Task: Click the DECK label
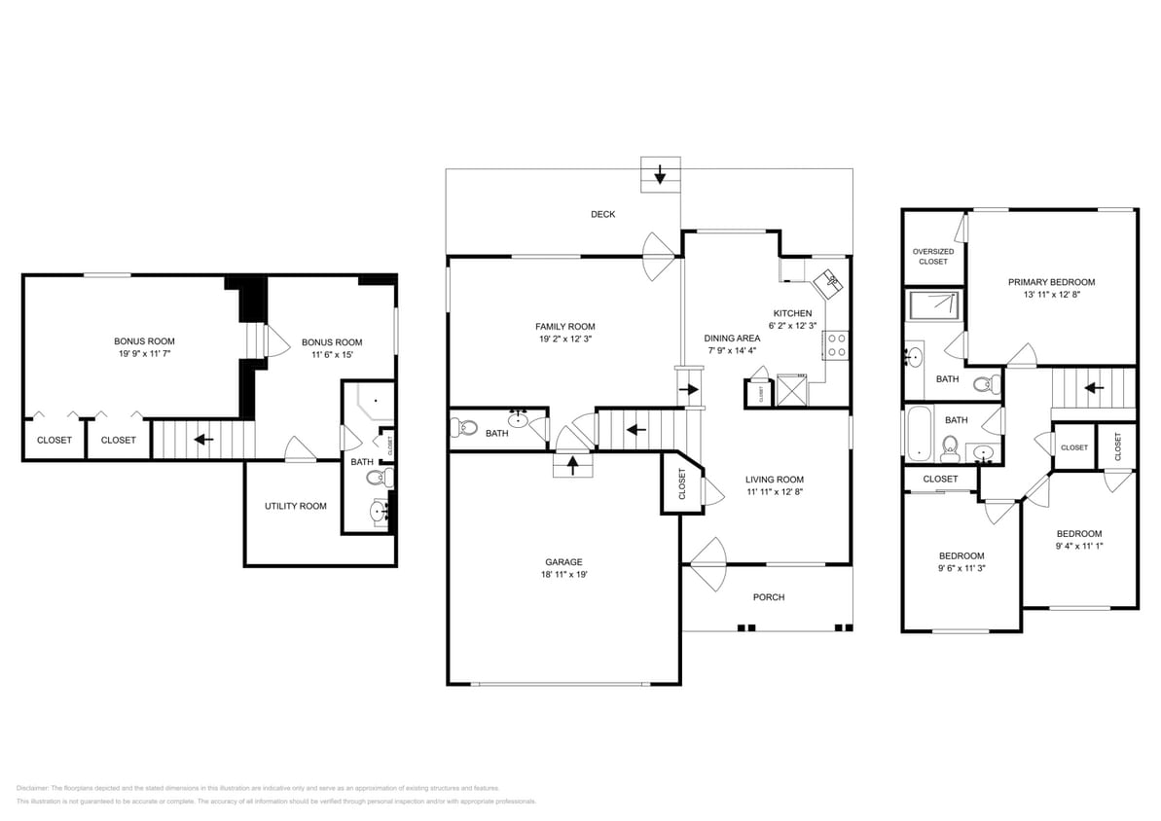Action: pos(602,214)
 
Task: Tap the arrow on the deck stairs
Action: pos(660,176)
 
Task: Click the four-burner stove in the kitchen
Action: pos(836,345)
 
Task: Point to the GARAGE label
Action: pos(563,561)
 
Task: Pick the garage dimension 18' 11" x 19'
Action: pos(563,575)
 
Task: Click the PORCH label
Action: pos(768,597)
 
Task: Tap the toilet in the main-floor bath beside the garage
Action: pos(466,427)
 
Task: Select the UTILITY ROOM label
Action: pos(296,506)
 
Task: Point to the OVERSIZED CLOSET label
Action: pos(932,256)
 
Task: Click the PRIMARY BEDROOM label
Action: pos(1051,282)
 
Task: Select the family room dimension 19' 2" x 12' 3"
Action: pos(564,339)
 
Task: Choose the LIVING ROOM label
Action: pos(775,479)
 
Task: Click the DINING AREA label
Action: pos(732,339)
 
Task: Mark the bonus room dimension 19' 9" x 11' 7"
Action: pos(144,354)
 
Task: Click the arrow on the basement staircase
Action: pos(203,439)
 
